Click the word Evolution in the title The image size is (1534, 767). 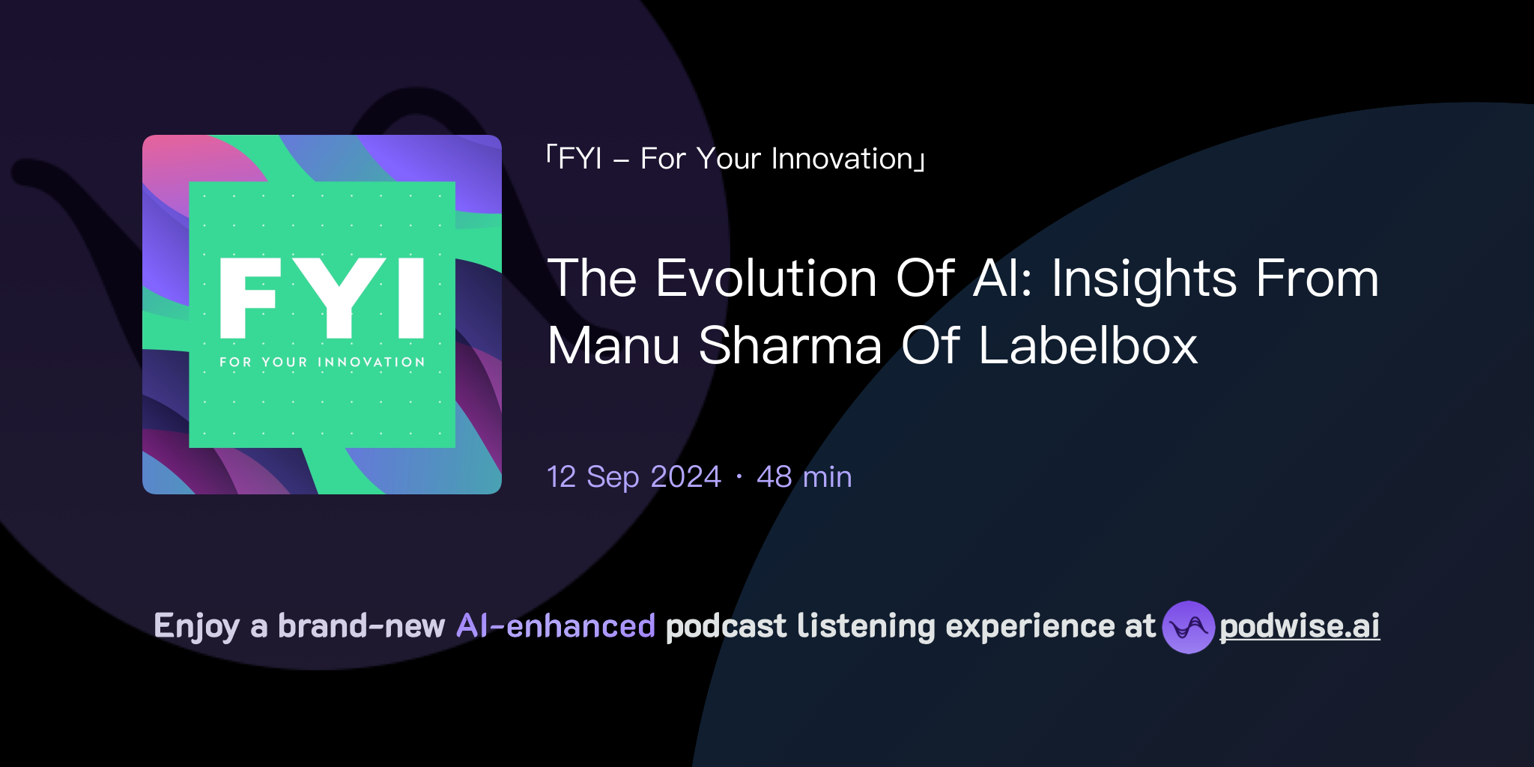766,279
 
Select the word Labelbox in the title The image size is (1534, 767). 1088,346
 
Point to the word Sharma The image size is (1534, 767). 790,346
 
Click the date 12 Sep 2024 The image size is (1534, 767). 634,477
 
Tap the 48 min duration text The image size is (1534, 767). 804,477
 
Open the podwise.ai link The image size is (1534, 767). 1299,626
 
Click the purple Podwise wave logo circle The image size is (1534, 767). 1188,627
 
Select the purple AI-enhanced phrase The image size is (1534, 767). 556,626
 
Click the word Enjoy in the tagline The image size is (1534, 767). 196,626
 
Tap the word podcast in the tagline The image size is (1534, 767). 726,626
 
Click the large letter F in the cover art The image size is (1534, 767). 249,298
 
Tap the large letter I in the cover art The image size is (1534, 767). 411,298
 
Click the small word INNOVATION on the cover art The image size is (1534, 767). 372,363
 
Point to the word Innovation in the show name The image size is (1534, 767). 842,159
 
